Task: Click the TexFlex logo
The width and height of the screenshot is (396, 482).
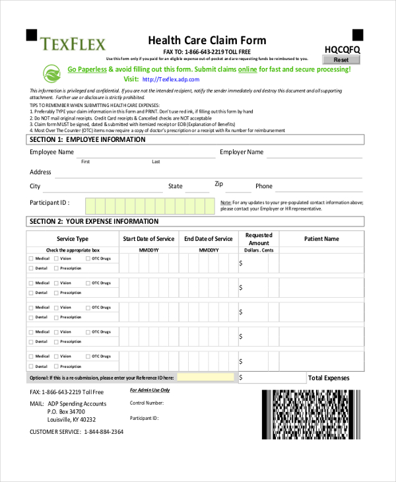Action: [73, 44]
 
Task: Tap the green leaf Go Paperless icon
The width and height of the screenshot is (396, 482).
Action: [52, 73]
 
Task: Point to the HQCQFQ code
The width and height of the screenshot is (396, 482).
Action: [343, 49]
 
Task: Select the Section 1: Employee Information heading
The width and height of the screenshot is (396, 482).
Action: [86, 140]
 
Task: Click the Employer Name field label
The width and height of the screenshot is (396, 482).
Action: [242, 152]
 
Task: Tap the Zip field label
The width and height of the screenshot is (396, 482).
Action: [219, 184]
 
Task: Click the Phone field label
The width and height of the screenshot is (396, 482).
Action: [264, 186]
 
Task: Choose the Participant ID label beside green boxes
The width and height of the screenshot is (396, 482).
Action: [49, 203]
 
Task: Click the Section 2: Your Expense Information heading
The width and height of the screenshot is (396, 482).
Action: [93, 221]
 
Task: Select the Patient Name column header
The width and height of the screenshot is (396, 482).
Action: [321, 239]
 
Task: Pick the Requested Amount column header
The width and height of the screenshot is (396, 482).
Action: [259, 239]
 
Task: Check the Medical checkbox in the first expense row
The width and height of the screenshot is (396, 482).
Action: [30, 259]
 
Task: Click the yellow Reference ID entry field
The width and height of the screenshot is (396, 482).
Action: [205, 377]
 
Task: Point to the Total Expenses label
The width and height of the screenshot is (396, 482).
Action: [329, 378]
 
